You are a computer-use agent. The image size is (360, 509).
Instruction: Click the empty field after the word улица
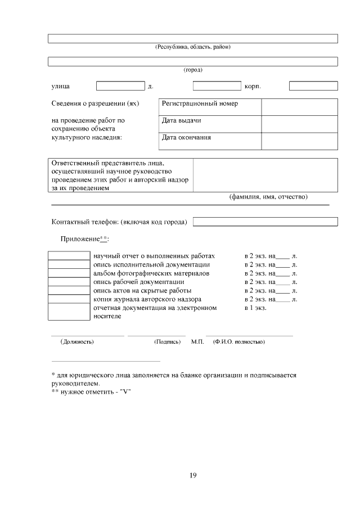(120, 86)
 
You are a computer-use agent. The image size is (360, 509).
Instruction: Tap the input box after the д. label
(217, 86)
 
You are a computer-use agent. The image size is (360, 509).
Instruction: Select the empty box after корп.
(313, 86)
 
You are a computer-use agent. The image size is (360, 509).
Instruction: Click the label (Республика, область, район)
(193, 47)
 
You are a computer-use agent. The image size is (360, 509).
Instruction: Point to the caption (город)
(193, 70)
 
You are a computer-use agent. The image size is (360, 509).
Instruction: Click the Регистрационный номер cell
(210, 104)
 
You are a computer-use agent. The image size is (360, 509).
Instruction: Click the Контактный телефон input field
(265, 222)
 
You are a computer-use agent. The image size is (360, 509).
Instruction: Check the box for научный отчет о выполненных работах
(69, 256)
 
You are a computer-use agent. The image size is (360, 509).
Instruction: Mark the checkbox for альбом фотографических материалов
(69, 273)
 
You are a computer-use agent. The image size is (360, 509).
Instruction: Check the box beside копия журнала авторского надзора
(69, 299)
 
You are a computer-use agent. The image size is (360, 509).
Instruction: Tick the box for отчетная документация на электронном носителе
(69, 312)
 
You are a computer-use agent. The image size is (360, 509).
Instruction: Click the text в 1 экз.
(255, 308)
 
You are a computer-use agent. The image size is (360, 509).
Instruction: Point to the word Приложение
(79, 239)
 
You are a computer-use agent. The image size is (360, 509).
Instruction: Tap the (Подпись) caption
(167, 341)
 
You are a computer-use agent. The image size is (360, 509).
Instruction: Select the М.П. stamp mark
(197, 341)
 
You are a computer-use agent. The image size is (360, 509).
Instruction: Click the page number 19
(192, 476)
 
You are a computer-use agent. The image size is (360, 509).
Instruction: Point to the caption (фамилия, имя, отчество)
(268, 197)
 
